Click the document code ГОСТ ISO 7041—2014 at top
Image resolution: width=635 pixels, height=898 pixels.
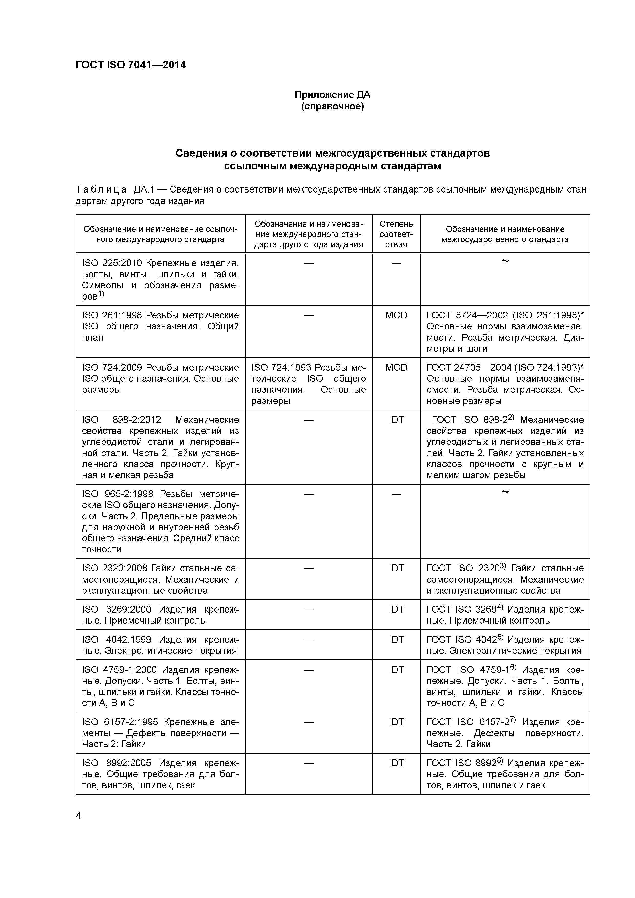(x=130, y=65)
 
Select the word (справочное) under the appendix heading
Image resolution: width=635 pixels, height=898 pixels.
(x=332, y=106)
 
